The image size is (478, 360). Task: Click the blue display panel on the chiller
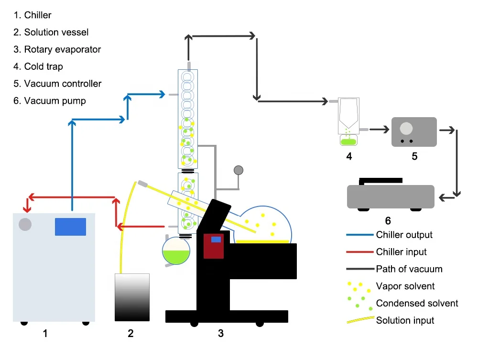(70, 227)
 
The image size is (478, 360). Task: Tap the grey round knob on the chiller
(25, 224)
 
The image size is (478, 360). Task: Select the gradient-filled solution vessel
(132, 297)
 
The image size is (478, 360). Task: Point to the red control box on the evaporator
(214, 246)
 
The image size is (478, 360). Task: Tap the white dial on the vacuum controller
(406, 129)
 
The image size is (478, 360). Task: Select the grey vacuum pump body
(391, 196)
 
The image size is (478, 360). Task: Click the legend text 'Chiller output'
(404, 235)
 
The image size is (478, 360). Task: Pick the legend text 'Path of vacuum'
(409, 269)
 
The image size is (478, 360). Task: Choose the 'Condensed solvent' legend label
(417, 303)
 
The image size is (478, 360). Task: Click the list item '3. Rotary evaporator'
(57, 49)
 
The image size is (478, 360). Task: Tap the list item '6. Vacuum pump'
(50, 101)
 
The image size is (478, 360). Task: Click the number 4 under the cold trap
(349, 156)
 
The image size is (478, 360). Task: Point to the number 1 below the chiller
(45, 333)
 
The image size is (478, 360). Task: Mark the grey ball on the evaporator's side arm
(238, 170)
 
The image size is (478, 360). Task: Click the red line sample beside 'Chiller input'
(359, 252)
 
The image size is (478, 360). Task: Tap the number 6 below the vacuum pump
(388, 220)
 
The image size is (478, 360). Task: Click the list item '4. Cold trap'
(38, 66)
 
